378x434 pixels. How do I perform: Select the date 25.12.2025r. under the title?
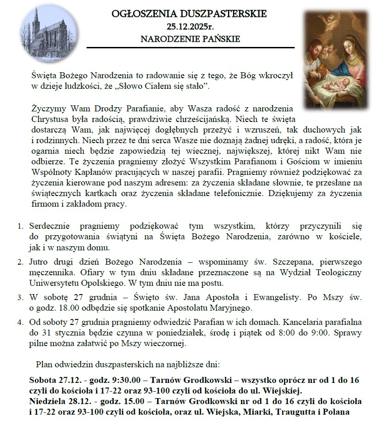click(190, 27)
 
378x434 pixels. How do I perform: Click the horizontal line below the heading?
click(190, 47)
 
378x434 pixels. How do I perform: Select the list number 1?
click(20, 226)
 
